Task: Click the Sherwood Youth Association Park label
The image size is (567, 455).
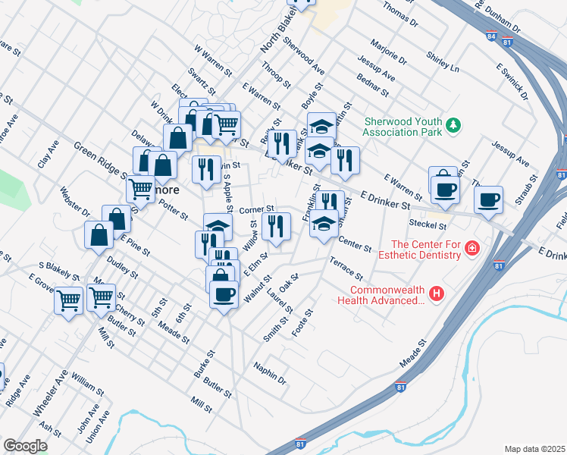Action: tap(402, 126)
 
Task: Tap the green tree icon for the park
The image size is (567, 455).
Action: tap(453, 125)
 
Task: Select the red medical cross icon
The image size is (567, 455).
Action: tap(473, 249)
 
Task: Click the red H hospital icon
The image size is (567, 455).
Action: tap(436, 293)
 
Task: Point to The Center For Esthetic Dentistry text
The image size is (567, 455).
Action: tap(425, 249)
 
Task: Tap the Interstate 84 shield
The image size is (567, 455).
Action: tap(492, 36)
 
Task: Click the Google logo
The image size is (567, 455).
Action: tap(24, 446)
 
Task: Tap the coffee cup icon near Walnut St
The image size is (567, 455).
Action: tap(223, 294)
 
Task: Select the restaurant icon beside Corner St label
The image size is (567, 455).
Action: tap(276, 225)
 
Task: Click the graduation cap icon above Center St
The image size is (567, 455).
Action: tap(324, 223)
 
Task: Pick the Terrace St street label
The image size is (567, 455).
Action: tap(346, 268)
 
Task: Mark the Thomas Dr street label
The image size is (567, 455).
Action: tap(400, 14)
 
